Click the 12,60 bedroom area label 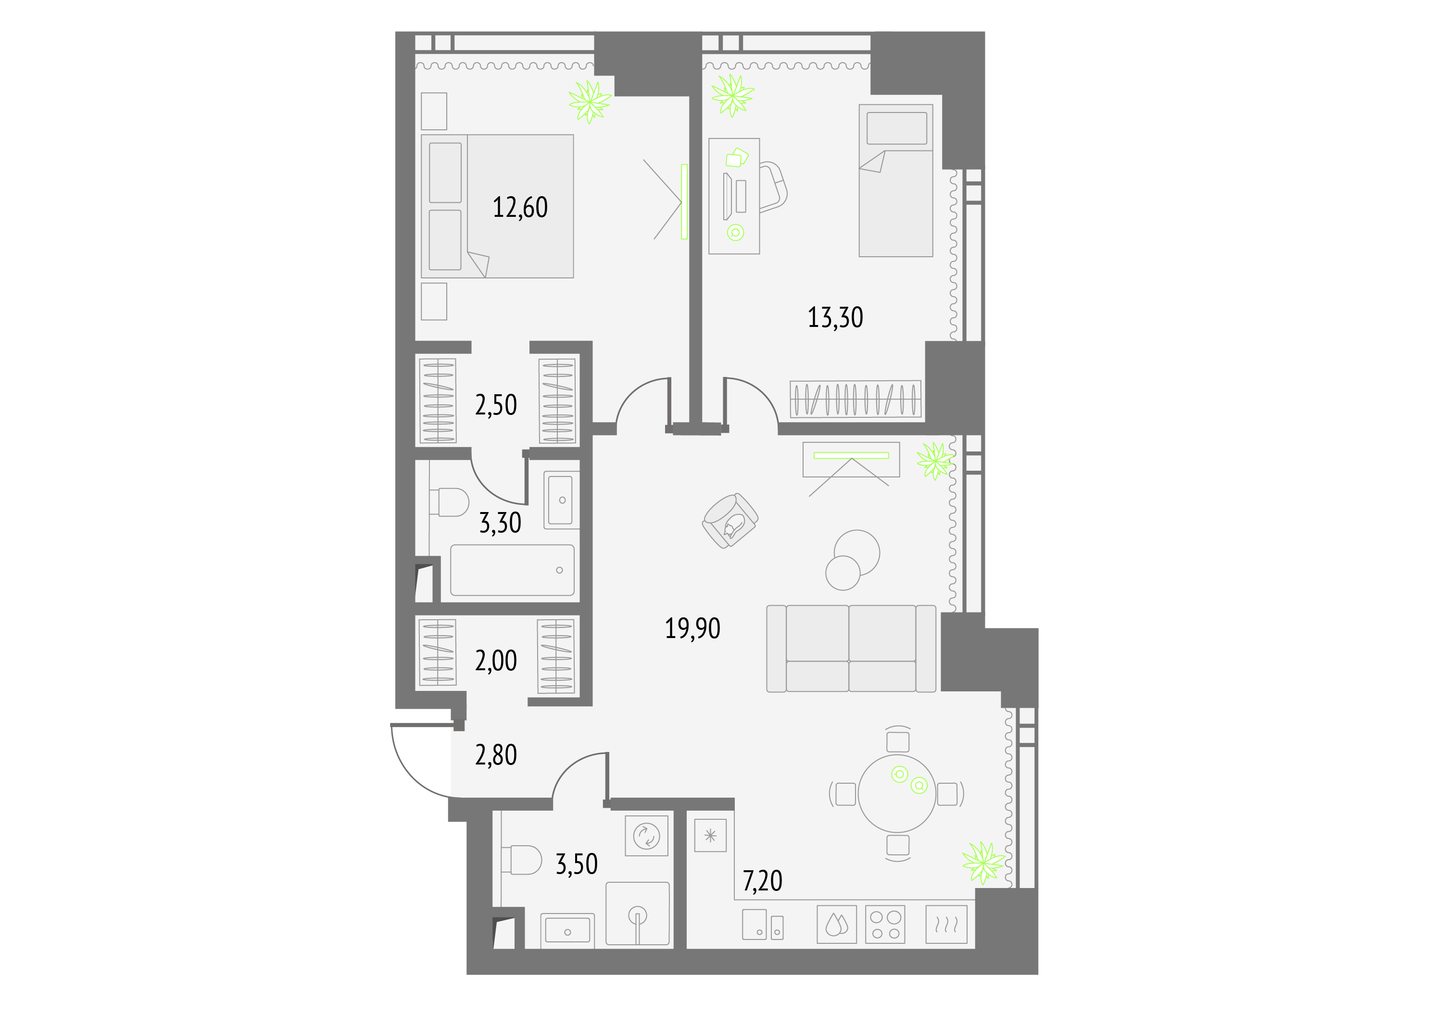pos(520,207)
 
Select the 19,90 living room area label pos(692,628)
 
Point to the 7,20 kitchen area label pos(762,881)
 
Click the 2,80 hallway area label pos(496,755)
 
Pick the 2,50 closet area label pos(496,405)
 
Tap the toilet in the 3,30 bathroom pos(449,502)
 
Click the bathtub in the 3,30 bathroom pos(512,570)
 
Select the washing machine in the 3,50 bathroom pos(646,836)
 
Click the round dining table pos(897,794)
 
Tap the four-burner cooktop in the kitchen pos(885,924)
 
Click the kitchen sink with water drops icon pos(836,924)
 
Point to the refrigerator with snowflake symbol pos(710,836)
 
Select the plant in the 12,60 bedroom pos(589,102)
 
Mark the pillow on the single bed pos(896,128)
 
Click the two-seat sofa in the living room pos(851,649)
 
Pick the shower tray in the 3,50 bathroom pos(637,913)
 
